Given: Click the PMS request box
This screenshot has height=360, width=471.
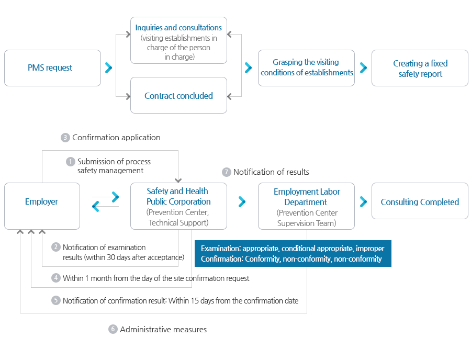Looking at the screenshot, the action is tap(52, 68).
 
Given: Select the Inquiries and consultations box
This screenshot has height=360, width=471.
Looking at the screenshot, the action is tap(179, 40).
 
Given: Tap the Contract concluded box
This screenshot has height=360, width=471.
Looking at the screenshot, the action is tap(179, 95).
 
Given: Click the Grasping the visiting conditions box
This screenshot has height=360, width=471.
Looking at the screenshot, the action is tap(306, 68).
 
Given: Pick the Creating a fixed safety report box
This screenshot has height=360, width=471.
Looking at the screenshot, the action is tap(420, 68).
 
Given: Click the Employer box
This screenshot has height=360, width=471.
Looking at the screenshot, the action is tap(42, 206).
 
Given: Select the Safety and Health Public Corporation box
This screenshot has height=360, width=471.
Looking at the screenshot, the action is tap(179, 206).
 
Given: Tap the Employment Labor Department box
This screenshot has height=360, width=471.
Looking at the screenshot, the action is tap(306, 206).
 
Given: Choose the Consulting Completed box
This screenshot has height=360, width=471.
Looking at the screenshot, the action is tap(420, 201).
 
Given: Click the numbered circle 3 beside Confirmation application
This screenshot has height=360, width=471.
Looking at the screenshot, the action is tap(65, 138).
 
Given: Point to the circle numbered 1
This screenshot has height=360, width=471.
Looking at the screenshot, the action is tap(70, 162).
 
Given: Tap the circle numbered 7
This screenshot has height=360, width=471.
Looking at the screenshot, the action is tap(227, 172).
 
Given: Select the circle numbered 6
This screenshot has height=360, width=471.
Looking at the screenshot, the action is tap(113, 329).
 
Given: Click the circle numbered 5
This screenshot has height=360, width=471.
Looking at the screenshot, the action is tap(56, 300).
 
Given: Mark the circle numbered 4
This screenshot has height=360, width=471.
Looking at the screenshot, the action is tap(56, 278).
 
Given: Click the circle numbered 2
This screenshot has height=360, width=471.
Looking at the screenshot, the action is tap(56, 247).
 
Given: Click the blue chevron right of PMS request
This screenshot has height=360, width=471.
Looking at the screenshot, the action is tap(108, 68).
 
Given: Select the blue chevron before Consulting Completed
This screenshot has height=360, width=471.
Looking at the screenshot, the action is tap(363, 202).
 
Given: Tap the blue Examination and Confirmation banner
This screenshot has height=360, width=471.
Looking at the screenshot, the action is tap(293, 253).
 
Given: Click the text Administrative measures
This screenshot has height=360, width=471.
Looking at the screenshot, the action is tap(163, 329).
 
